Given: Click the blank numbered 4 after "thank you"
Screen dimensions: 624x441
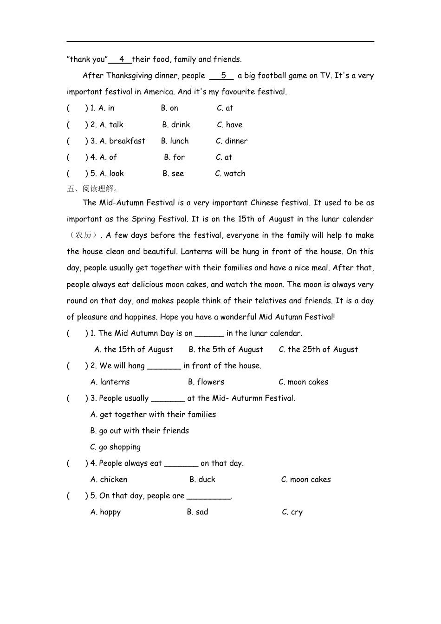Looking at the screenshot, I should (x=120, y=59).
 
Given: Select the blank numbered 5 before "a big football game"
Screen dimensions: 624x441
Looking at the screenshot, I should (x=221, y=76).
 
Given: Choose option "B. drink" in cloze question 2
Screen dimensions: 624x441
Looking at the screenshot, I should (x=176, y=125).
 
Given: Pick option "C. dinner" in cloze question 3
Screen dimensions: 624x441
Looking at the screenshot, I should (x=232, y=141).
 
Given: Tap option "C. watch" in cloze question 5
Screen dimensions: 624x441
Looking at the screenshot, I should (x=230, y=174).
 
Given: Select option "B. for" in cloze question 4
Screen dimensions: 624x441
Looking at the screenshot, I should (x=174, y=157).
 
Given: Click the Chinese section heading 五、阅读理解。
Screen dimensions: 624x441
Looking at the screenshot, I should (x=93, y=188).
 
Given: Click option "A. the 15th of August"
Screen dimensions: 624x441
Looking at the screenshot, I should (x=134, y=350).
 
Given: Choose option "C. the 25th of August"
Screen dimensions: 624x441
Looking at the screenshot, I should (x=318, y=350).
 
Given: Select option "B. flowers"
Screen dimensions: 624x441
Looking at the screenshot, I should (x=206, y=382).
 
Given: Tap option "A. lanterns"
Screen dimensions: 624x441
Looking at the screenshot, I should (x=110, y=382).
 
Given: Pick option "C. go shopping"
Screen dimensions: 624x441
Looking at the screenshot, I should (x=115, y=447).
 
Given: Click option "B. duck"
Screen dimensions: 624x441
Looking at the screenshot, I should (x=202, y=480).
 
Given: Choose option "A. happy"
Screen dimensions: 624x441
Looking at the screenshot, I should (x=105, y=512).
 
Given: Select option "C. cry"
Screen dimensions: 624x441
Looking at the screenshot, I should (x=292, y=512).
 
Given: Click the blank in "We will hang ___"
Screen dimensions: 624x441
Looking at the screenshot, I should (x=164, y=366).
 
